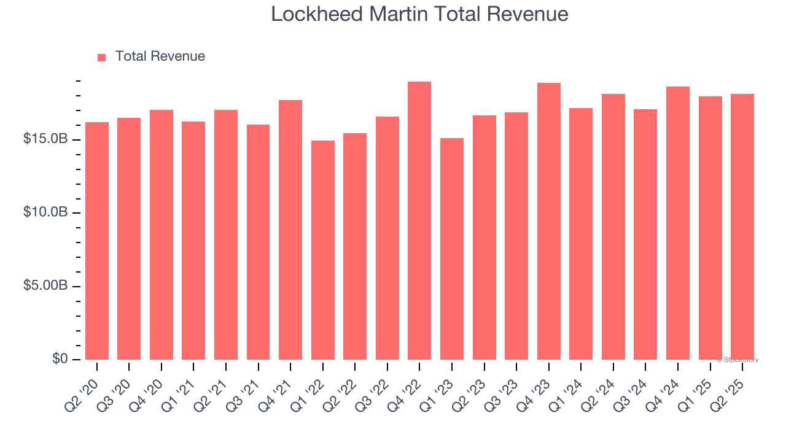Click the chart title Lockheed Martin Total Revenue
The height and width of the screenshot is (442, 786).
point(419,14)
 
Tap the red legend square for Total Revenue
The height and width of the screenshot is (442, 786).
point(102,57)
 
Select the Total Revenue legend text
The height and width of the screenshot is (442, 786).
point(160,56)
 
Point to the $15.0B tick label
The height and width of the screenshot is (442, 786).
point(45,139)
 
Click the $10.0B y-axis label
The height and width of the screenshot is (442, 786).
point(45,212)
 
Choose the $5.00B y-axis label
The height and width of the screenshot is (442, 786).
point(45,286)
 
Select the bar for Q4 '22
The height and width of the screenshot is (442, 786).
point(419,221)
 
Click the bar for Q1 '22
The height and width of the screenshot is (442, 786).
point(323,250)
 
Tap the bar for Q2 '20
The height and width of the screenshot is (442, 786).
point(97,241)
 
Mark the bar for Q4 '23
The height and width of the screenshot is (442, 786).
point(548,222)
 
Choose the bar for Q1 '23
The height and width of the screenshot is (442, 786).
point(452,249)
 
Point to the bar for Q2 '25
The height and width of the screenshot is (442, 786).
point(742,227)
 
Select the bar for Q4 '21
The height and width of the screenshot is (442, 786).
point(290,230)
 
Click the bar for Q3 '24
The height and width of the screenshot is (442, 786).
point(645,235)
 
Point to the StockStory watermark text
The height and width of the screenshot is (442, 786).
point(737,360)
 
